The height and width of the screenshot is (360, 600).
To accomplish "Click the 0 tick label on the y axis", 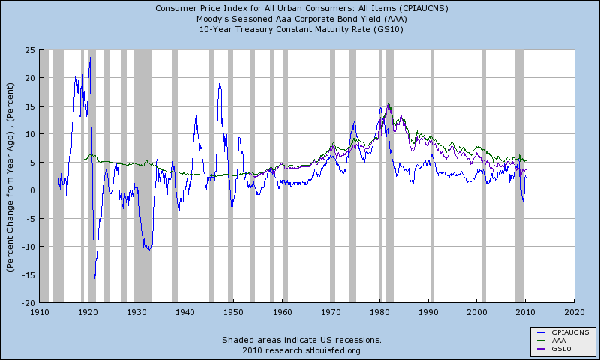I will (x=32, y=190).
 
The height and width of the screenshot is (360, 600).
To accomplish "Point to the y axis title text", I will (x=11, y=175).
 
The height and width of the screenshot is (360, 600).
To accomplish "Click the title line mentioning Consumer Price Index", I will (x=300, y=9).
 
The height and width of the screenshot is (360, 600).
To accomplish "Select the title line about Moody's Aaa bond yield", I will (x=300, y=19).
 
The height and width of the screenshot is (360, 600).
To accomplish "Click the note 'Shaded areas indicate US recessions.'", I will (x=300, y=340).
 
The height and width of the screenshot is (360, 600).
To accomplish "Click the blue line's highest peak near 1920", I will (x=90, y=58).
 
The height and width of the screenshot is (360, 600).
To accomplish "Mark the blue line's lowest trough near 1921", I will (x=94, y=278).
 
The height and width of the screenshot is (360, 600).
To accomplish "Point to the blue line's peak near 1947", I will (x=220, y=81).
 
